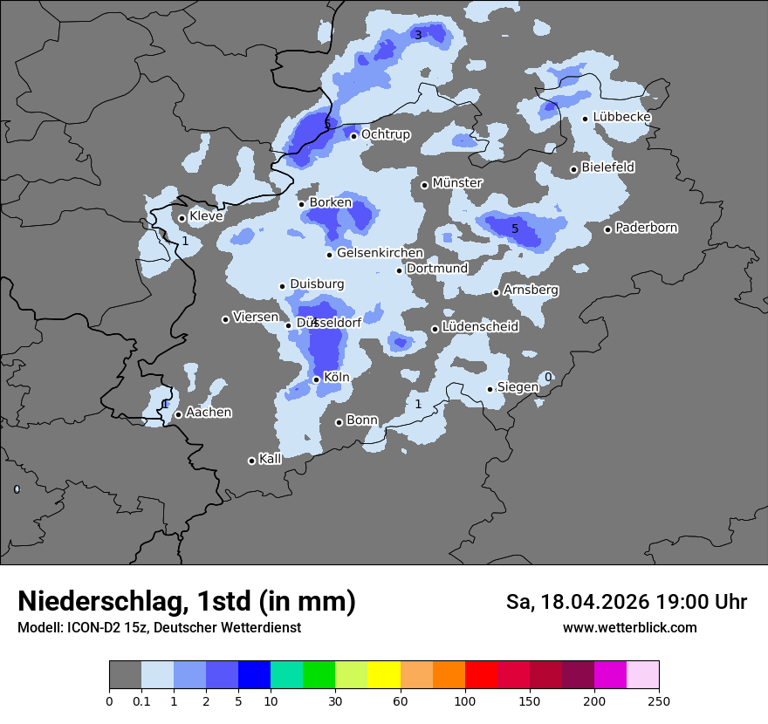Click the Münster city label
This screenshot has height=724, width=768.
(457, 183)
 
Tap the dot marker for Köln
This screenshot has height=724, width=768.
(316, 379)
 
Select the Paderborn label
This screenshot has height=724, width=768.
(647, 229)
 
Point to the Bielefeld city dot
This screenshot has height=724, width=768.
(574, 169)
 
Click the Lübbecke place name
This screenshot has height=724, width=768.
(622, 118)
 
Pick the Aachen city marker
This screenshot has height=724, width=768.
(178, 414)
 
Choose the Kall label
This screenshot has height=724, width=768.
(271, 459)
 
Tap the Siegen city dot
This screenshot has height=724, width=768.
(490, 389)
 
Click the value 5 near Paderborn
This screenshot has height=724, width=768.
(515, 229)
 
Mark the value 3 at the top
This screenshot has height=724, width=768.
(418, 35)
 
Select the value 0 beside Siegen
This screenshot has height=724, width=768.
(548, 377)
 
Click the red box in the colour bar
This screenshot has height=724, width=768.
(481, 675)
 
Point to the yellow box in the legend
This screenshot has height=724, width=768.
(384, 675)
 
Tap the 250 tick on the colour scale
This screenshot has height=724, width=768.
(659, 700)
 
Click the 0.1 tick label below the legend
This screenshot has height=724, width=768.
(141, 700)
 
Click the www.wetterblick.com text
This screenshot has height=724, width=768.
(629, 628)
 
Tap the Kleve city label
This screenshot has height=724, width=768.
(206, 216)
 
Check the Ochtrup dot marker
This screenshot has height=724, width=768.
(353, 136)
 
